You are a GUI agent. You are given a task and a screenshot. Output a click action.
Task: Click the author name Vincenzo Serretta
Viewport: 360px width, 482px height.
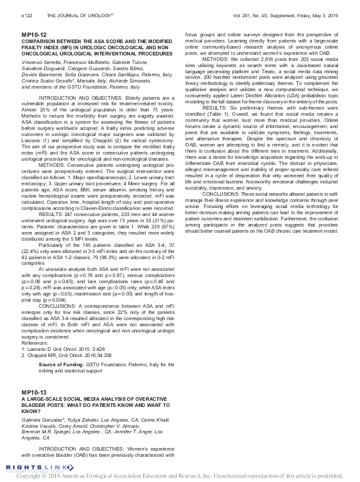pos(41,63)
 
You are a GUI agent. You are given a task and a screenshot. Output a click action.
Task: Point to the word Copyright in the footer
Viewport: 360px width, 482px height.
pos(32,476)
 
